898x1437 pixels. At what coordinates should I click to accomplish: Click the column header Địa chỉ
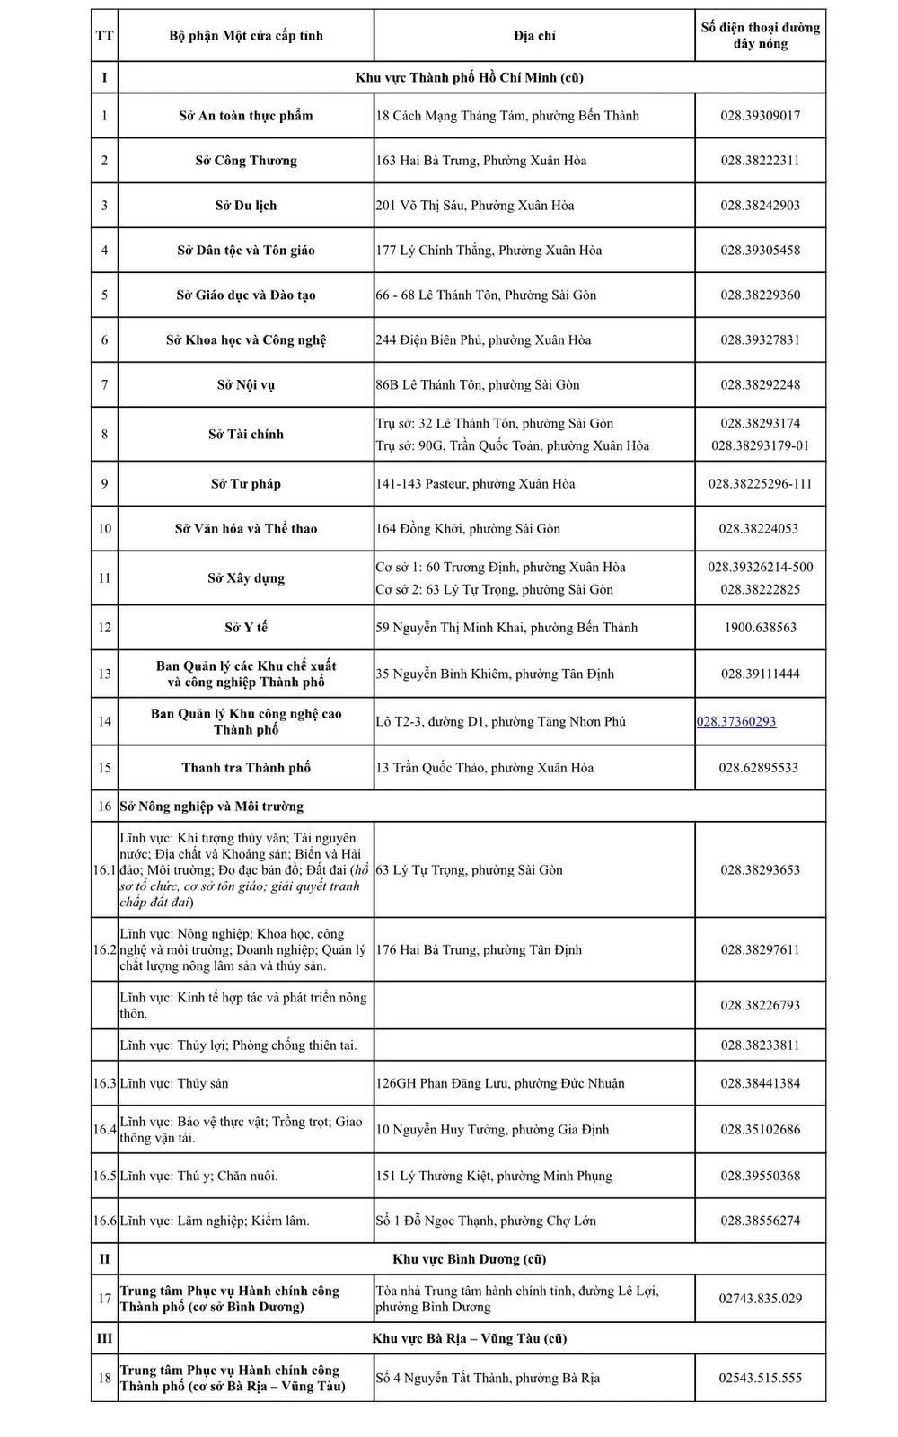534,36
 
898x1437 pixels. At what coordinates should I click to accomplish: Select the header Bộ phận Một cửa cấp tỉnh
245,36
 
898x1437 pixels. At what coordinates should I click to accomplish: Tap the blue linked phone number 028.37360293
736,721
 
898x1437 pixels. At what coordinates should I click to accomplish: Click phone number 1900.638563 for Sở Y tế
760,628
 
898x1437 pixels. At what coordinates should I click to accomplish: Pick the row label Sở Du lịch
245,206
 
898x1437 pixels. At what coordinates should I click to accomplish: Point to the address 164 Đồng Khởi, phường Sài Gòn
468,529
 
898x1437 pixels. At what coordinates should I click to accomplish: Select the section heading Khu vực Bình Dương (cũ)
469,1259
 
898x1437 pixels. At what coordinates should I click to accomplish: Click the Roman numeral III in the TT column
104,1338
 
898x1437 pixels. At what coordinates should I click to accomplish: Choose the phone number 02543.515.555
760,1378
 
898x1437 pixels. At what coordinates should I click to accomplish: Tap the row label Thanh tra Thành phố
245,768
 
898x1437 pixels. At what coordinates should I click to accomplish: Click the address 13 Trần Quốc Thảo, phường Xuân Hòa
484,768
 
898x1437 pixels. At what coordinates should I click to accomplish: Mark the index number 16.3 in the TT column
104,1083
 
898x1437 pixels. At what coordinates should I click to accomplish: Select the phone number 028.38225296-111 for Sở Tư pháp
760,484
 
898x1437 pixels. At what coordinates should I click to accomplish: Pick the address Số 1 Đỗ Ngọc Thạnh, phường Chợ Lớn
485,1221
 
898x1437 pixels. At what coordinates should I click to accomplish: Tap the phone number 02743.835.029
760,1299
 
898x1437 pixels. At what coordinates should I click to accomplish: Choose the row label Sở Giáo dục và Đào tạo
245,295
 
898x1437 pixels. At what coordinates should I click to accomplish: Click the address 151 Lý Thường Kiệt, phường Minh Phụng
493,1176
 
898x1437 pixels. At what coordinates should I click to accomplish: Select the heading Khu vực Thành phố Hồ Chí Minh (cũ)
469,78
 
